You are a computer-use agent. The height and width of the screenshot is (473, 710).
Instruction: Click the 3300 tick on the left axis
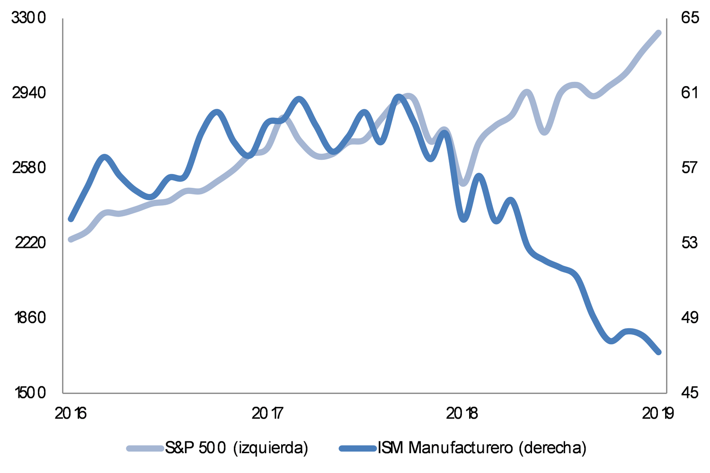(x=29, y=18)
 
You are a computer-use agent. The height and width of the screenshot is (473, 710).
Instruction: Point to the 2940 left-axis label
(x=29, y=93)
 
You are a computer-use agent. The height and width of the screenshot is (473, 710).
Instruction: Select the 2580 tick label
(x=29, y=168)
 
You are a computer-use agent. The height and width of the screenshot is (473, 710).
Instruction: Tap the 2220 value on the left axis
(x=29, y=243)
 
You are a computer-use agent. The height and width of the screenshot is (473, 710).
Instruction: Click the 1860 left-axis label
(x=29, y=317)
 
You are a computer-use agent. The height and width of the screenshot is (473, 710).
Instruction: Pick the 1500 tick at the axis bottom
(x=29, y=393)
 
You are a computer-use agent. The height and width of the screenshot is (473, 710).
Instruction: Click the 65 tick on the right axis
(x=690, y=18)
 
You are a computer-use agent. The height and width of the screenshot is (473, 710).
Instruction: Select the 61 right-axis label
(x=689, y=93)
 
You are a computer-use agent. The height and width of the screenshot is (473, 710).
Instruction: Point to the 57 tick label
(x=689, y=168)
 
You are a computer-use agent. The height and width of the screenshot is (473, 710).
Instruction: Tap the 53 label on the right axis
(x=689, y=243)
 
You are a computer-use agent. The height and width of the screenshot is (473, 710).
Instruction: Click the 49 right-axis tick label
(x=689, y=317)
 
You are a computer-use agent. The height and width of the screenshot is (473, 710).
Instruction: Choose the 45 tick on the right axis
(x=689, y=393)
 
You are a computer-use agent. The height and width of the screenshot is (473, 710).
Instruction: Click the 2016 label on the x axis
(x=71, y=414)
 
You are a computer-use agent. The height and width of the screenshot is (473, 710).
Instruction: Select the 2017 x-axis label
(x=268, y=414)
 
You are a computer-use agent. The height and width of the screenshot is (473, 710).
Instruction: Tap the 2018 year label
(x=462, y=414)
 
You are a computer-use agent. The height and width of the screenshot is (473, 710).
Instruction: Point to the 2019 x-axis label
(x=658, y=414)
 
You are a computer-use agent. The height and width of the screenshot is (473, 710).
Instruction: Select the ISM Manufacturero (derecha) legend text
(x=482, y=447)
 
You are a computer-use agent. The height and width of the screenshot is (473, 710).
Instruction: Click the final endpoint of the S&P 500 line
(x=658, y=32)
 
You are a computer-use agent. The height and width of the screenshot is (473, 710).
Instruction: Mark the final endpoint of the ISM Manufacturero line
(x=658, y=352)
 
